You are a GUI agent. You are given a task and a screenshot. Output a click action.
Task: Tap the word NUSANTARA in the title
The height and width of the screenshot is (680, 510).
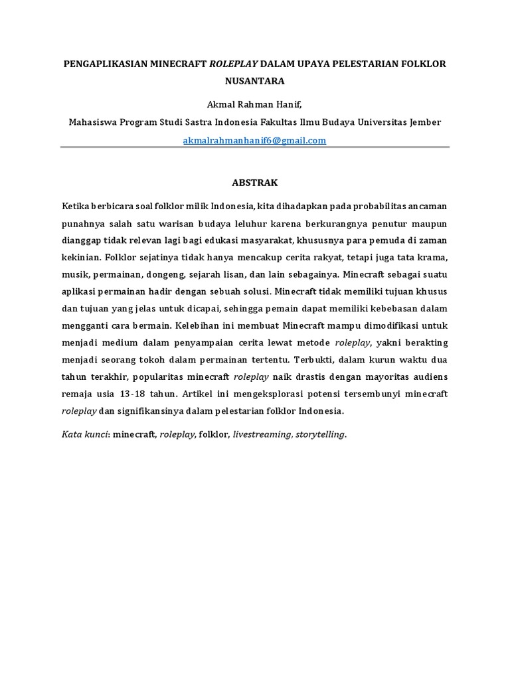point(255,82)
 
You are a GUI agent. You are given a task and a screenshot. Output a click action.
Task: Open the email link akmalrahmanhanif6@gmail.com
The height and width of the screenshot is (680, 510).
point(255,140)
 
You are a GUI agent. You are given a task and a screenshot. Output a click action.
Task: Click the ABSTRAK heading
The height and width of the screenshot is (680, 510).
point(255,182)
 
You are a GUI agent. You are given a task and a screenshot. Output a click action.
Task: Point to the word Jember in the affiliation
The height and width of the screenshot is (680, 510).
point(424,123)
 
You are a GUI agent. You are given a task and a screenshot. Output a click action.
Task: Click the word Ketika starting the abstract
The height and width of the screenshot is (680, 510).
point(76,203)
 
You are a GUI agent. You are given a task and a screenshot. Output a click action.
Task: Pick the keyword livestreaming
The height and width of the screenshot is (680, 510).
point(261,434)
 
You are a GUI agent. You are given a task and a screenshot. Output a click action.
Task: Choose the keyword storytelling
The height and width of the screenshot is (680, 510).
point(321,434)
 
